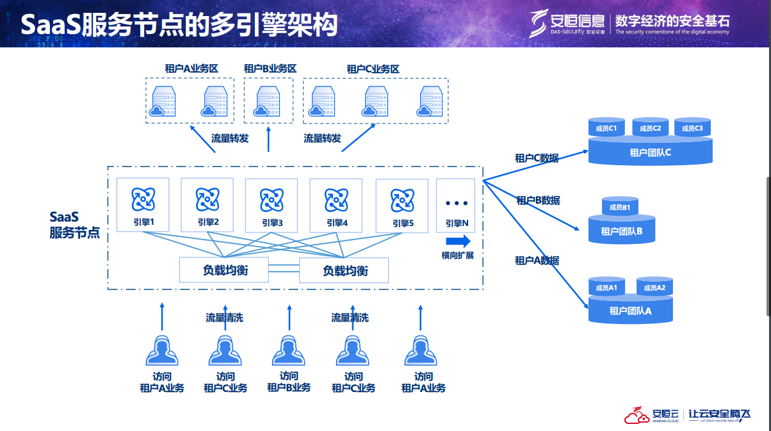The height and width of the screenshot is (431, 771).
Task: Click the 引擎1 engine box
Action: point(143,205)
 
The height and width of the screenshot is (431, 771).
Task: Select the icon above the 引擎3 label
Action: point(272,199)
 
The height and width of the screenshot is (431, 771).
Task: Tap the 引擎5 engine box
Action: point(402,205)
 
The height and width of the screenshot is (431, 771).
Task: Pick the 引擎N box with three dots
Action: point(456,205)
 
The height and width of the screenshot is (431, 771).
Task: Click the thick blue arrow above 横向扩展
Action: point(458,241)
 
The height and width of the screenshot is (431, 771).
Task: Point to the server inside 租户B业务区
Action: point(269,102)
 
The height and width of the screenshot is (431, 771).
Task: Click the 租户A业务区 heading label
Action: point(191,68)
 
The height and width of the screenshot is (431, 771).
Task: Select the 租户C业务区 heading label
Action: point(373,69)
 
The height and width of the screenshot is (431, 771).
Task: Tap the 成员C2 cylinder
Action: point(650,128)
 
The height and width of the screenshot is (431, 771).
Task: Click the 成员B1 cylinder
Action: point(620,207)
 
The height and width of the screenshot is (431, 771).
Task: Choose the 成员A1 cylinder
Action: point(606,288)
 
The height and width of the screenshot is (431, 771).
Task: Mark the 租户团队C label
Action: point(650,152)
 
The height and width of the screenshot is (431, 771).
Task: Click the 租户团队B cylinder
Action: point(621,231)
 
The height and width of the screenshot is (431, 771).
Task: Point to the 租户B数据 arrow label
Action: point(538,200)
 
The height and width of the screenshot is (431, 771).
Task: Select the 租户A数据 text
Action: point(537,261)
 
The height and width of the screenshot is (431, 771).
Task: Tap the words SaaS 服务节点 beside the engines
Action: point(74,225)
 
